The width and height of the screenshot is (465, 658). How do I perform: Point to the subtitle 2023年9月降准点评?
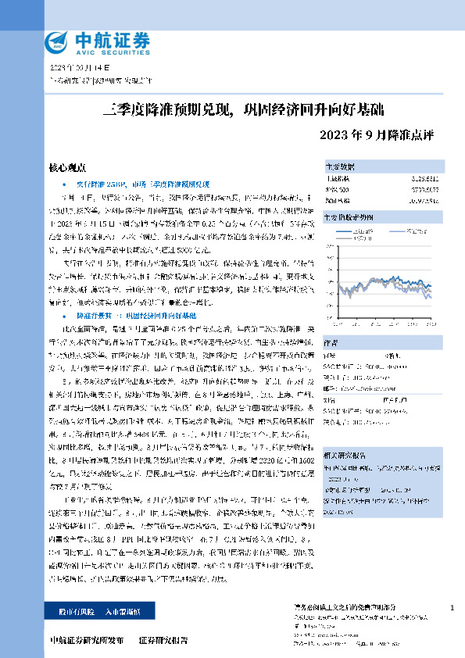pyautogui.click(x=377, y=134)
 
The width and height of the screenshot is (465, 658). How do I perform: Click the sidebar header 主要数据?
pyautogui.click(x=341, y=166)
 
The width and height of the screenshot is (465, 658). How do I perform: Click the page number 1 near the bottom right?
pyautogui.click(x=452, y=607)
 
